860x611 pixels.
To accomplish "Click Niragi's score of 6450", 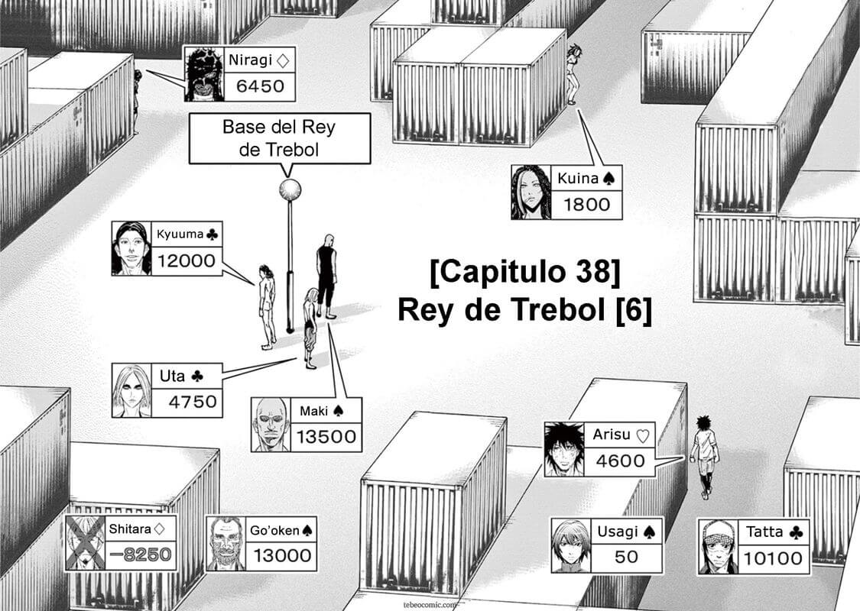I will point(259,86).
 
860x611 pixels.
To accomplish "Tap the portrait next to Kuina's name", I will point(531,192).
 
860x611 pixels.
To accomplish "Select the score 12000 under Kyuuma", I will point(186,260).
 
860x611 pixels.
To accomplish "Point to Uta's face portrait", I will point(131,390).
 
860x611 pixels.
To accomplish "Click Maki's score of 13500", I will point(326,436).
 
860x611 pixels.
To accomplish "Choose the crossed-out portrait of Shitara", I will point(84,542).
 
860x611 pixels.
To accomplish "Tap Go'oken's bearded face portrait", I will point(226,543).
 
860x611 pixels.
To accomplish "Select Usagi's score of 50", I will point(626,557).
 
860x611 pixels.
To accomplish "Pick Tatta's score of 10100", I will point(775,558).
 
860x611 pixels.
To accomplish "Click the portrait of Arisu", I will point(564,450).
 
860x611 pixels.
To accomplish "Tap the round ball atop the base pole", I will point(290,189).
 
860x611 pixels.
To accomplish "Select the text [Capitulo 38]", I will point(524,272).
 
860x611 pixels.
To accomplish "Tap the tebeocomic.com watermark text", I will point(430,603).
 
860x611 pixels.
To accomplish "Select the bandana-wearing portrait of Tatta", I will point(717,545).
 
